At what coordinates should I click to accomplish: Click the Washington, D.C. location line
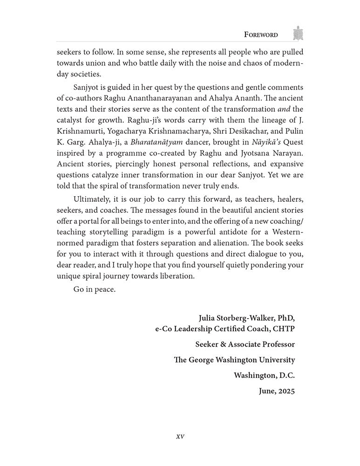pos(264,376)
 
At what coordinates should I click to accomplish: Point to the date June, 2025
pos(277,391)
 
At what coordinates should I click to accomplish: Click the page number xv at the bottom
pos(180,437)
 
